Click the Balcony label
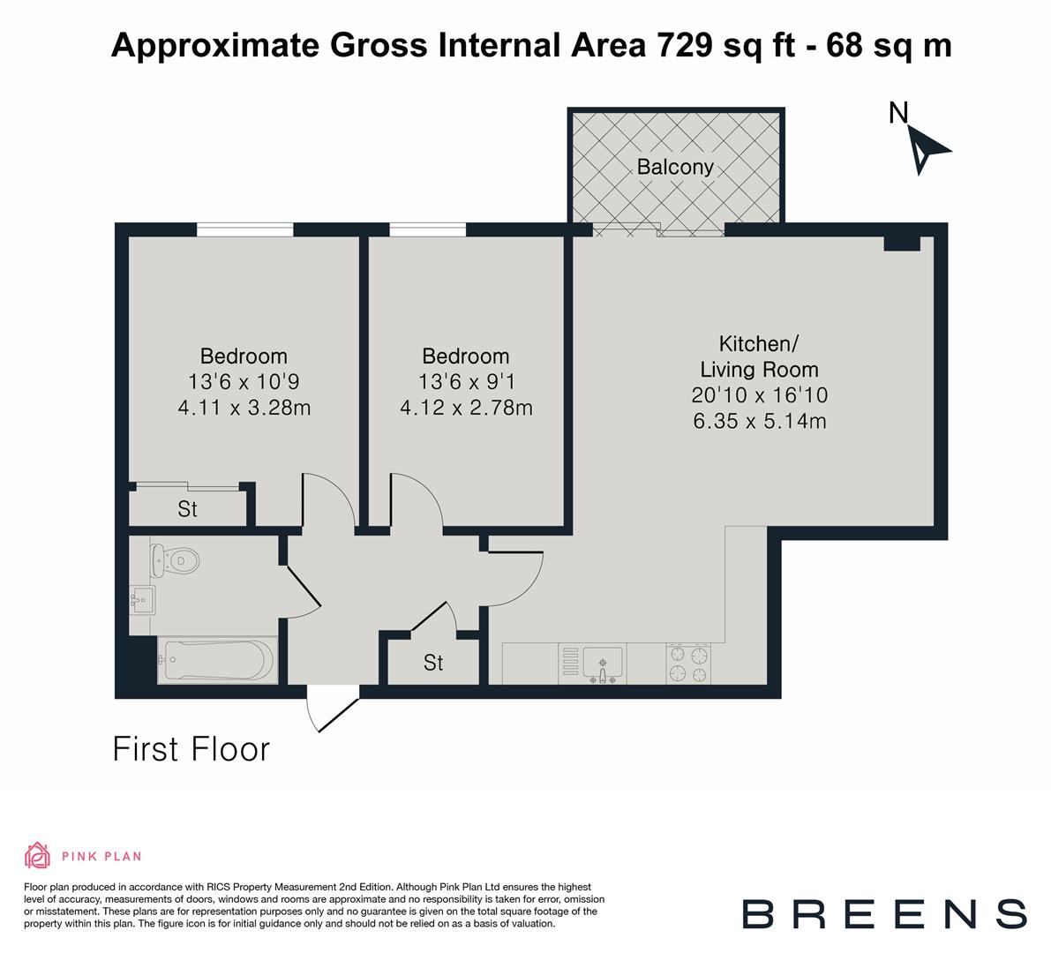point(675,167)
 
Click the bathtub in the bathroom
point(217,660)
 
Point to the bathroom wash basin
point(140,602)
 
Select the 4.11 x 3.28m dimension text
point(244,408)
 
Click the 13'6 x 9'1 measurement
point(465,382)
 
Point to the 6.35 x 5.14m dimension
point(759,421)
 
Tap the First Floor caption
point(191,749)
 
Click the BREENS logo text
point(883,913)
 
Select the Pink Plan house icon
point(38,855)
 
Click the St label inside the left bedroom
point(187,509)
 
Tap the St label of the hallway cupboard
point(432,663)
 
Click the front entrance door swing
point(328,714)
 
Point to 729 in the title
point(684,45)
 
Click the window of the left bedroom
point(244,229)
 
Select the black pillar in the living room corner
point(902,244)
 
